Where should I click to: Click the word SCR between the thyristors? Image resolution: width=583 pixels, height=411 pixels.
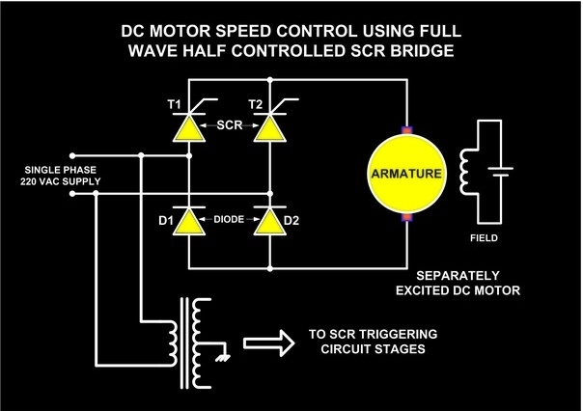[229, 125]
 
